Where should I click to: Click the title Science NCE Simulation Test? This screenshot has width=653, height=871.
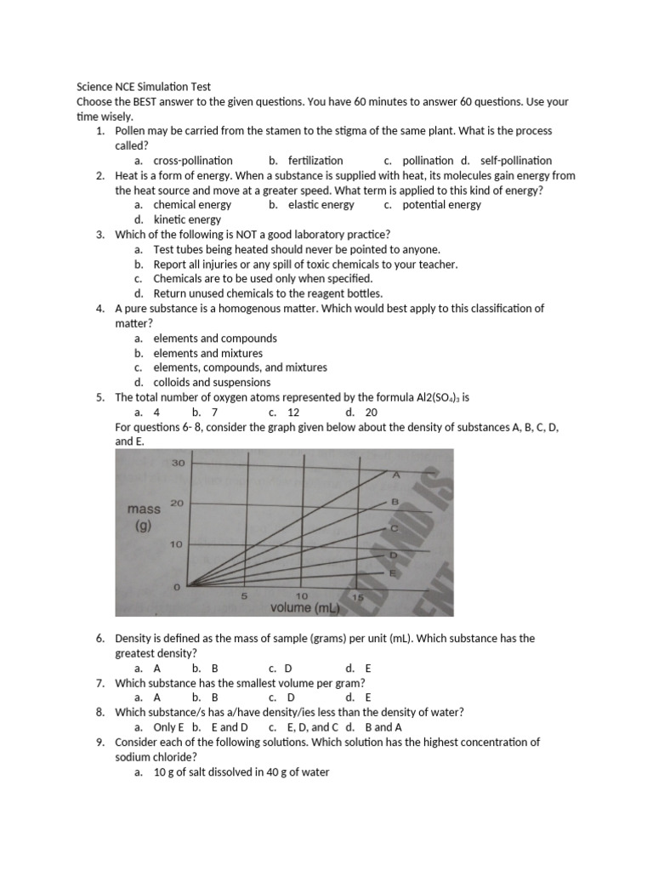click(x=144, y=86)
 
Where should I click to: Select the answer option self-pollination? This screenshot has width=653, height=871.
click(x=515, y=160)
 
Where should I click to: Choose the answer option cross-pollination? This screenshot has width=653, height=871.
click(x=192, y=160)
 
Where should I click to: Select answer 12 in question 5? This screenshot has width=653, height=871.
click(x=293, y=412)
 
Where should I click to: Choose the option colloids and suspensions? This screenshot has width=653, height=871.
click(x=212, y=382)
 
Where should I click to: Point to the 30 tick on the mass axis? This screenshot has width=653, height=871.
click(x=179, y=464)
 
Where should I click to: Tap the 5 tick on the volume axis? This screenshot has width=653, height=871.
click(x=244, y=596)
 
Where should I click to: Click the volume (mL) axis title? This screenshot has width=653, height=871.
click(x=304, y=608)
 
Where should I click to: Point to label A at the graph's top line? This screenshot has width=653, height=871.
click(x=395, y=475)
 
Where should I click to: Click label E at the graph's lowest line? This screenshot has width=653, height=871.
click(x=393, y=573)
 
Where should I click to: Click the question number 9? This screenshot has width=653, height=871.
click(x=99, y=743)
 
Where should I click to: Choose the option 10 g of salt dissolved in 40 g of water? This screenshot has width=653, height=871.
click(x=241, y=772)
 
